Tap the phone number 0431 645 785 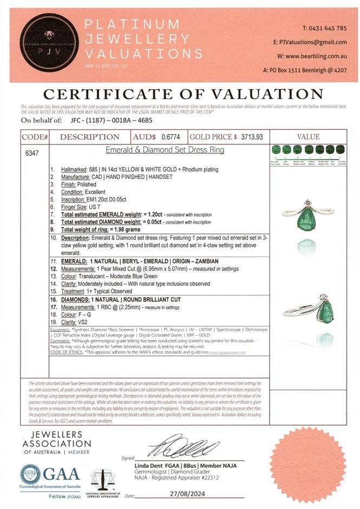pos(329,28)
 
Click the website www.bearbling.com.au pos(319,56)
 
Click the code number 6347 pos(32,153)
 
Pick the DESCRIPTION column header pos(90,138)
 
